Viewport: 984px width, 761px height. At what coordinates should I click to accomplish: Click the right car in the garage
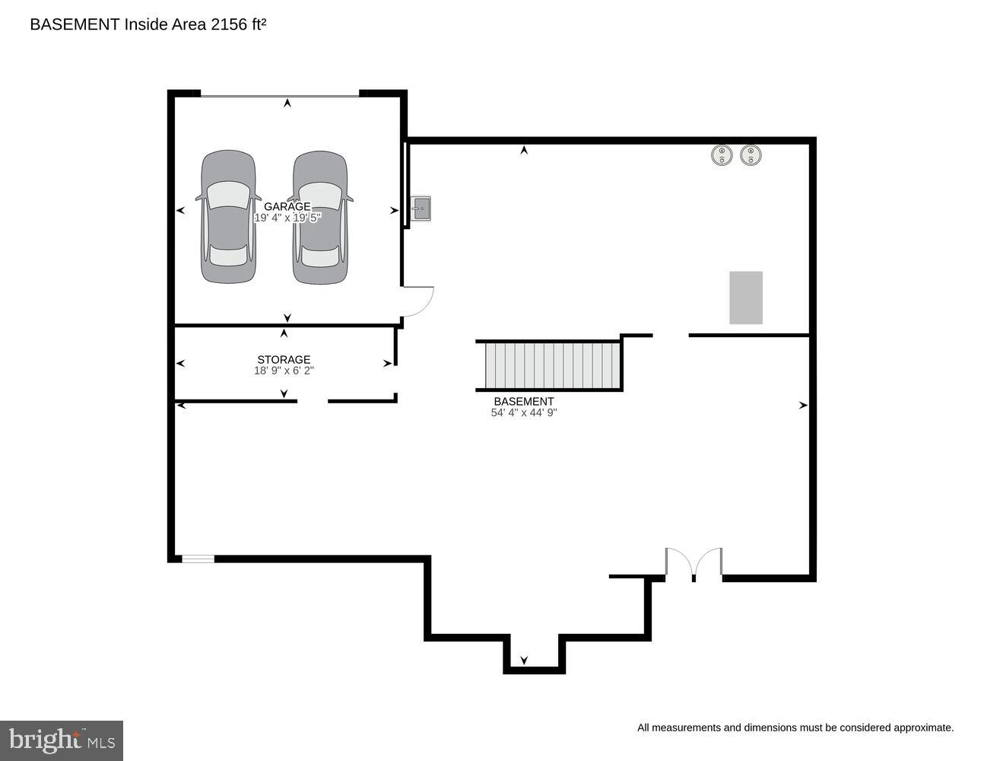click(320, 217)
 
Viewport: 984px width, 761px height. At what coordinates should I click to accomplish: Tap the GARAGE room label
click(287, 206)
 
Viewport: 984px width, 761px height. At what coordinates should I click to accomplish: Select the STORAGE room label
click(284, 359)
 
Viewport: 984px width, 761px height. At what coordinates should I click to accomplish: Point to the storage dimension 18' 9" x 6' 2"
click(284, 371)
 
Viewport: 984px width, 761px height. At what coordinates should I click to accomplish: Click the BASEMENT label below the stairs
click(524, 401)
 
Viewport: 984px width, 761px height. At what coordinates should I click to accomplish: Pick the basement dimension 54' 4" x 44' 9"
click(524, 412)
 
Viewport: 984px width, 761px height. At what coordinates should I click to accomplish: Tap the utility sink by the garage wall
click(421, 208)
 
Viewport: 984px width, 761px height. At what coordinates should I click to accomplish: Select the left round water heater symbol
click(721, 155)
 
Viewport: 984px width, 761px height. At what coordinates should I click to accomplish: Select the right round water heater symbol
click(751, 155)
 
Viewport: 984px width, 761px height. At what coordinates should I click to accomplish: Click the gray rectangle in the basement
click(746, 298)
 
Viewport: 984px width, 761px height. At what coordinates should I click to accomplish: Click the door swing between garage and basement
click(417, 301)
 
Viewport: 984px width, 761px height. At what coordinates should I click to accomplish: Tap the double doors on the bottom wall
click(694, 565)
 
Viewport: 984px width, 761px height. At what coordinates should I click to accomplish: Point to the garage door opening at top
click(279, 95)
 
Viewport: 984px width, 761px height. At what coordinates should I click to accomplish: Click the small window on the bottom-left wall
click(198, 559)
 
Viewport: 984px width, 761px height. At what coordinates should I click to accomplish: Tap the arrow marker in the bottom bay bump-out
click(524, 660)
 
